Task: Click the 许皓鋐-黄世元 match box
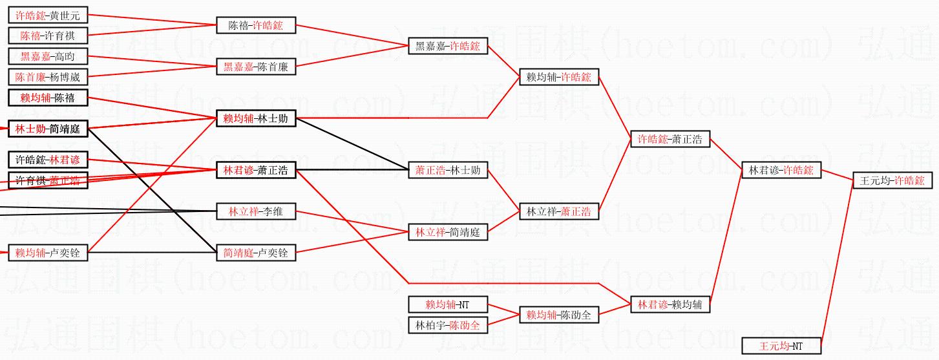(x=48, y=15)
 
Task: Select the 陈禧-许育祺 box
(x=48, y=35)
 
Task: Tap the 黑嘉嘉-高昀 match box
(x=48, y=56)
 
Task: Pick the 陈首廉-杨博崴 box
(x=48, y=77)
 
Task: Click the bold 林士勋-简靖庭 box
(x=48, y=129)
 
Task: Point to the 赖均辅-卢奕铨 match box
(x=48, y=253)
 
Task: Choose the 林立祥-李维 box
(x=256, y=211)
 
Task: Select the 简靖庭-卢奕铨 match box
(x=256, y=253)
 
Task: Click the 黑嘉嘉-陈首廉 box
(x=256, y=67)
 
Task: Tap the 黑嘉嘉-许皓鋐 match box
(x=448, y=46)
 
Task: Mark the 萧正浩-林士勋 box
(x=448, y=171)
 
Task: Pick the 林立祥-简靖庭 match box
(x=448, y=232)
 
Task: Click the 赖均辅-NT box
(x=448, y=304)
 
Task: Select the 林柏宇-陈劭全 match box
(x=448, y=325)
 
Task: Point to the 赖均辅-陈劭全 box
(x=559, y=315)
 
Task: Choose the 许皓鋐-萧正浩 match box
(x=670, y=139)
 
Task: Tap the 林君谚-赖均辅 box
(x=670, y=304)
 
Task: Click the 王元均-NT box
(x=781, y=346)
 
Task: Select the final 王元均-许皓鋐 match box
(x=892, y=180)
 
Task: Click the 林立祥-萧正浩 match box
(x=559, y=211)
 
